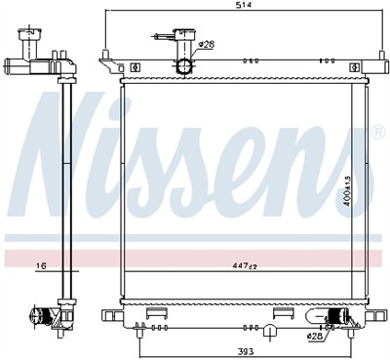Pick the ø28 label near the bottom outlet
(314, 336)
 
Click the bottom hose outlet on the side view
(42, 315)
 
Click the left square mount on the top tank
(135, 66)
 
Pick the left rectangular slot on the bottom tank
(155, 314)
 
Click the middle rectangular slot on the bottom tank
(284, 313)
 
